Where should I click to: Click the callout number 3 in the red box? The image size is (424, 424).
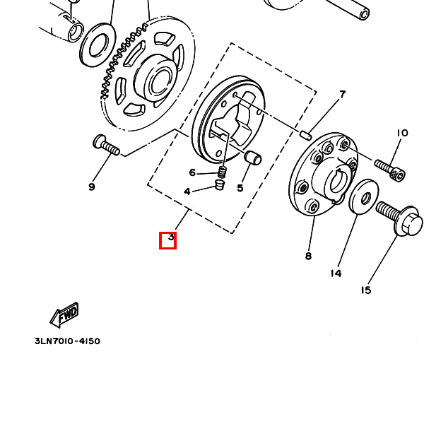pos(171,237)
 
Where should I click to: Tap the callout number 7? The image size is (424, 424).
pos(342,95)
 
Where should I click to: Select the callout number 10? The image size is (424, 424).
pos(402,133)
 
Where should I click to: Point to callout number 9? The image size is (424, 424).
pos(92,187)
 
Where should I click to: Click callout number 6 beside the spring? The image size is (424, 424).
pos(192,172)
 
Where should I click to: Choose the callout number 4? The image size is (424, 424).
pos(187,192)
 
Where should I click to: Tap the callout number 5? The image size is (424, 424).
pos(240,188)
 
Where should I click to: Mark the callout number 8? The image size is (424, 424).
pos(308,256)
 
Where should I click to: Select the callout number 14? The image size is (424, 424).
pos(336,273)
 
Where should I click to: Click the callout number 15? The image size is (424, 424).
pos(365,290)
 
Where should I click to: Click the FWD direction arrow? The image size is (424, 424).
pos(64,314)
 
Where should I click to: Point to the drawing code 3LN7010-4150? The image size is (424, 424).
pos(67,341)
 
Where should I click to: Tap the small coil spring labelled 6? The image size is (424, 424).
pos(223,172)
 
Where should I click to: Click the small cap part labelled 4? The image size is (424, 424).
pos(220,184)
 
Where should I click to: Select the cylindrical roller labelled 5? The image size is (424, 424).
pos(253,158)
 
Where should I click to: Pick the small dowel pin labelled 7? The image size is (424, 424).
pos(306,135)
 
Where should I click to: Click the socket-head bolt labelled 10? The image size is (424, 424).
pos(390,170)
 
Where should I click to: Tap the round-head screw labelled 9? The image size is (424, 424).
pos(106,145)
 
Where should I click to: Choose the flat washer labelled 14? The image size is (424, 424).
pos(364,196)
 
